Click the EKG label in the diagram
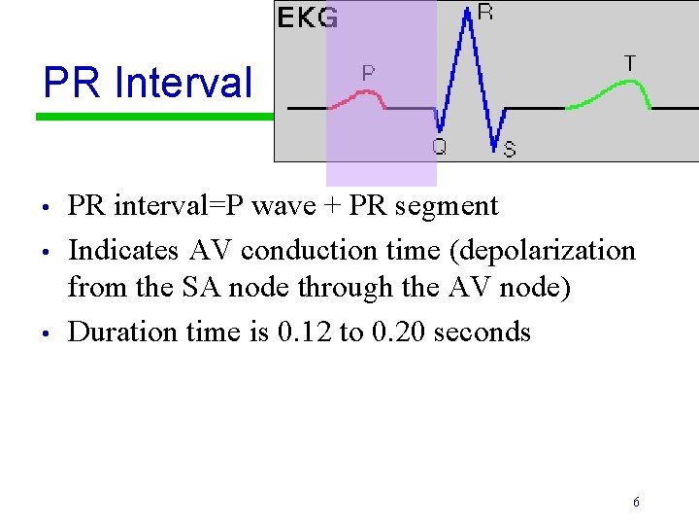click(308, 17)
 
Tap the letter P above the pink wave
click(369, 73)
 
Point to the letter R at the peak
click(485, 13)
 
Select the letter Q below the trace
click(439, 147)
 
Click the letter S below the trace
click(509, 149)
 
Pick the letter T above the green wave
click(630, 63)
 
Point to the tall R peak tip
click(470, 12)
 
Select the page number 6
click(636, 503)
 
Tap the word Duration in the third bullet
click(116, 332)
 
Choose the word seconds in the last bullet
click(483, 332)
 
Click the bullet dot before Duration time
click(46, 333)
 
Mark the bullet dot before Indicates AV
click(46, 252)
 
